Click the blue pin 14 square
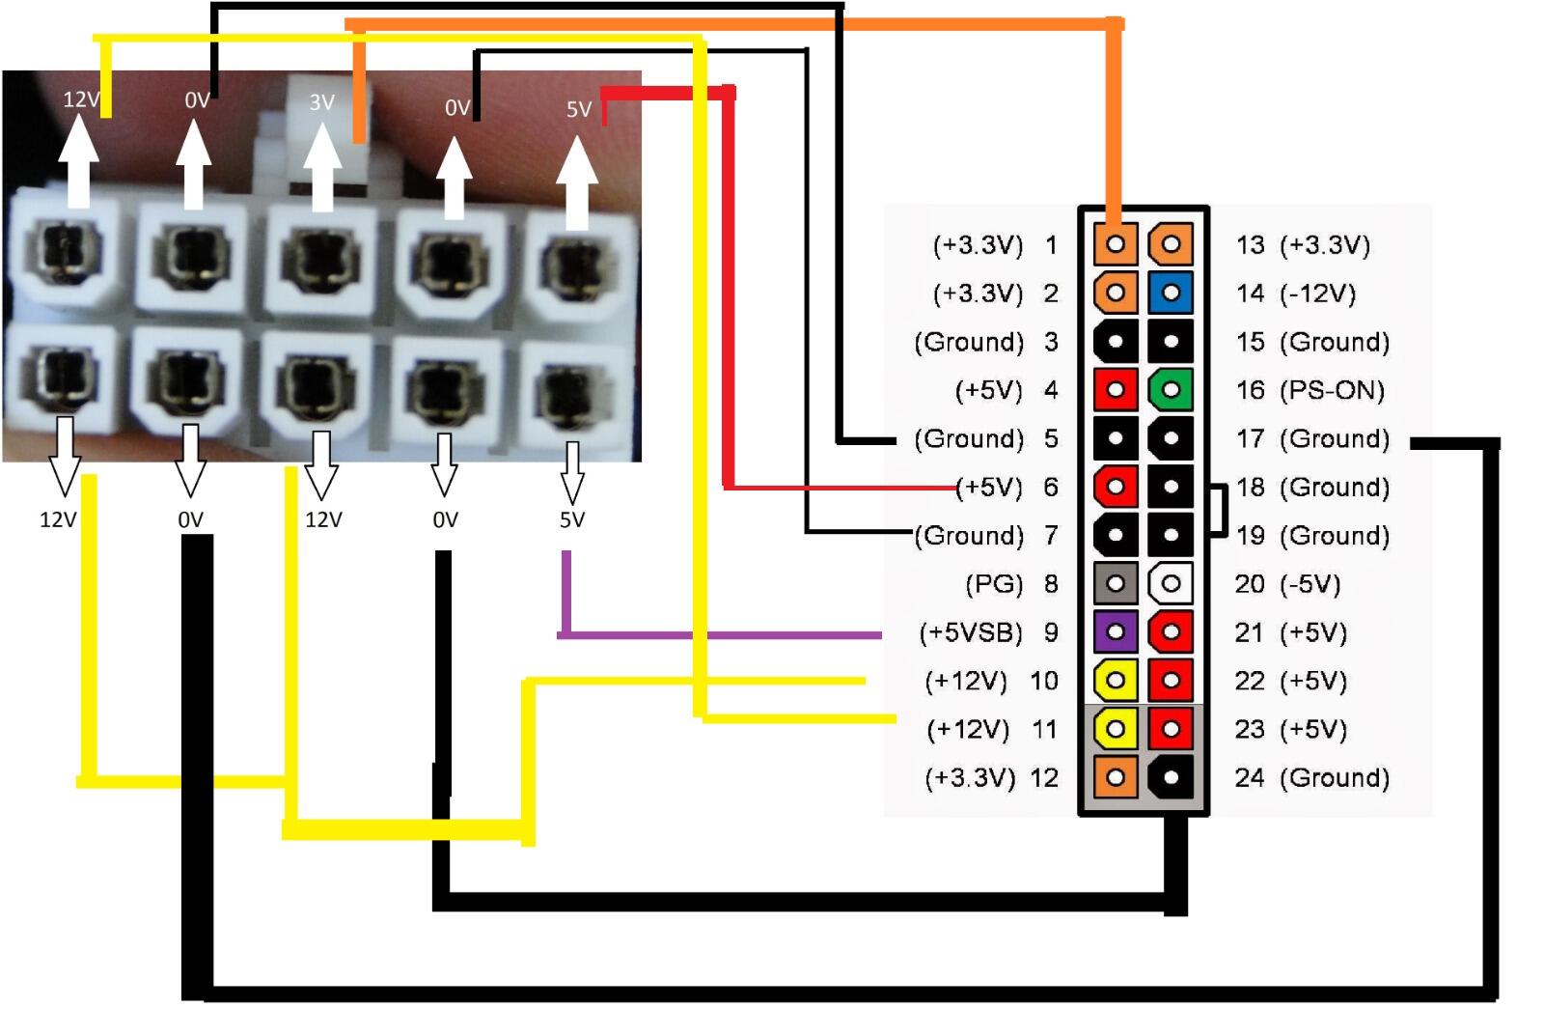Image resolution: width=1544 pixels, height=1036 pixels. [x=1171, y=293]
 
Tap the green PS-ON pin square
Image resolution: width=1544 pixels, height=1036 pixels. [x=1171, y=390]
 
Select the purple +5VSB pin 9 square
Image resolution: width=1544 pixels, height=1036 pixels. [x=1116, y=632]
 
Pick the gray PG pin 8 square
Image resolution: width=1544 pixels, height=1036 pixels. [x=1116, y=583]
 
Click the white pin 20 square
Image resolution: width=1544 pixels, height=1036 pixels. [x=1171, y=583]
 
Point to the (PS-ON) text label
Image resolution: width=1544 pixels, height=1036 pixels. [x=1332, y=390]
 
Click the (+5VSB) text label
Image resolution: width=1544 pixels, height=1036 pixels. [x=971, y=632]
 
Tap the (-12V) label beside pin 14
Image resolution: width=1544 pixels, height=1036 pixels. [x=1317, y=293]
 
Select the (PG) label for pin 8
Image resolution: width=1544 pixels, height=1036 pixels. [x=994, y=583]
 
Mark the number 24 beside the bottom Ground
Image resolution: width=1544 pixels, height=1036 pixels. [x=1250, y=777]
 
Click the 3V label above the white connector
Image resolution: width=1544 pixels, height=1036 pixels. [x=321, y=101]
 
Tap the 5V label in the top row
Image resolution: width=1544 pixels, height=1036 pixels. [x=578, y=109]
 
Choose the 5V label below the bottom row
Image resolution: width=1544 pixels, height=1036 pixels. [x=572, y=519]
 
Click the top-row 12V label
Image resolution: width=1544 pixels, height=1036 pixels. [x=80, y=98]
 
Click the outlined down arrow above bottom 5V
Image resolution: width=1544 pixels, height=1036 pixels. [x=572, y=471]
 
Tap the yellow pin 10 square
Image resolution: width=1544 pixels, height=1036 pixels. [x=1116, y=681]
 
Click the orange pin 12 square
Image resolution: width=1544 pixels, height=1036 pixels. [x=1116, y=777]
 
